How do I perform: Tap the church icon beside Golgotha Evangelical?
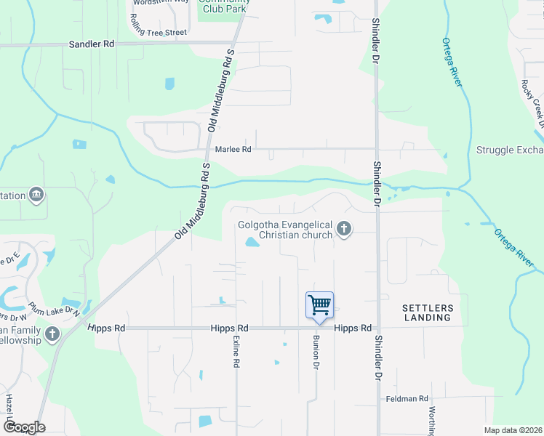pos(345,230)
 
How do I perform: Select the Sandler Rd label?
pos(92,44)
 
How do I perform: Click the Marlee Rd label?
pos(233,149)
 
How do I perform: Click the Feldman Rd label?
pos(407,399)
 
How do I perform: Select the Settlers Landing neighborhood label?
pos(428,312)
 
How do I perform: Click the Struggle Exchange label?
pos(509,150)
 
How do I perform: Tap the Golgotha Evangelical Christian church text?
pos(285,230)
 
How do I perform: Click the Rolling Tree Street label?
pos(158,31)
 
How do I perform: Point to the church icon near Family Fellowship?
pos(52,334)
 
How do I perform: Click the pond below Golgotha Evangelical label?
pos(251,243)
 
